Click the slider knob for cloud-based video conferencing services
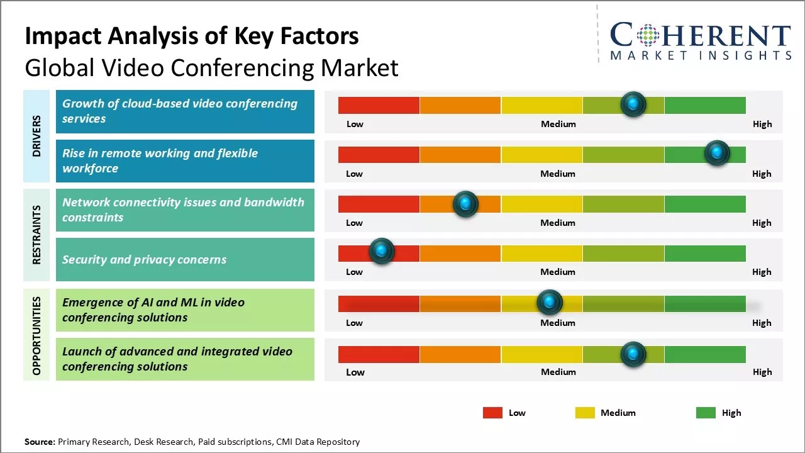[x=633, y=104]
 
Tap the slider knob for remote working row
[x=716, y=153]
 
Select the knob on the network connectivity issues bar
[x=465, y=204]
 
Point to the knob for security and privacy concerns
[x=381, y=251]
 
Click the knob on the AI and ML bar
[x=550, y=303]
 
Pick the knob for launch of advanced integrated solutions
[x=633, y=354]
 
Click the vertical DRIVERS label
[x=36, y=136]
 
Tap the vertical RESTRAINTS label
[x=36, y=235]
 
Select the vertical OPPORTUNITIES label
[x=36, y=335]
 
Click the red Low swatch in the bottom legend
[x=492, y=413]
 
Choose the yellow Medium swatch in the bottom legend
[x=585, y=413]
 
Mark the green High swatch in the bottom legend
[x=706, y=413]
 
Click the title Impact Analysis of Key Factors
[x=192, y=36]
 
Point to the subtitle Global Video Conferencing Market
[x=211, y=67]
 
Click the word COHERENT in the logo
[x=700, y=36]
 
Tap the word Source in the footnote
[x=40, y=442]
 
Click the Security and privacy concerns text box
[x=185, y=259]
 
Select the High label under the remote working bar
[x=762, y=174]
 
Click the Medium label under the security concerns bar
[x=558, y=272]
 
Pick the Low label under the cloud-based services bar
[x=355, y=124]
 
